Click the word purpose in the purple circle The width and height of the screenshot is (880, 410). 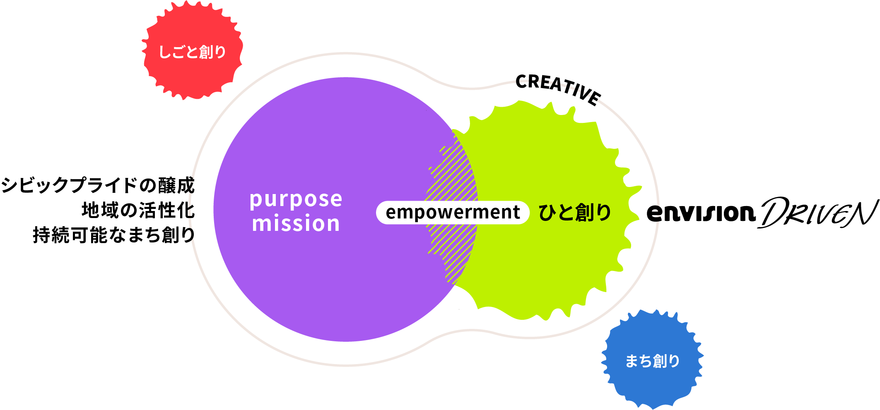(x=296, y=200)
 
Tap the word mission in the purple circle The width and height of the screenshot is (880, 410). (x=296, y=224)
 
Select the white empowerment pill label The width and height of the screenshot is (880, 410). (x=453, y=213)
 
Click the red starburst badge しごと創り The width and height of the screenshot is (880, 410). (x=192, y=52)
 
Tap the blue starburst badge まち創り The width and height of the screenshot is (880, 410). (x=652, y=361)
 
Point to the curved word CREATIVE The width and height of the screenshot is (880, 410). (x=558, y=88)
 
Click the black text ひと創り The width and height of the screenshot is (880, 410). (x=574, y=213)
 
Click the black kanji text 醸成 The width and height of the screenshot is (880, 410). (x=176, y=185)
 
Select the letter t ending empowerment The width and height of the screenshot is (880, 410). (x=516, y=213)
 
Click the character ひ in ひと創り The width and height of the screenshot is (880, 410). (x=547, y=213)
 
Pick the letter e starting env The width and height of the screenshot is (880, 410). (x=655, y=213)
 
